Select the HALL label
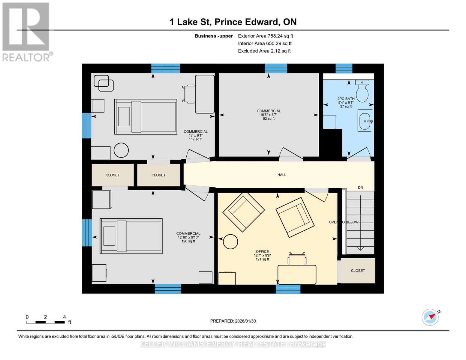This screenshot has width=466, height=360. pyautogui.click(x=281, y=175)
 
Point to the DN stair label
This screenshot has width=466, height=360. pyautogui.click(x=360, y=187)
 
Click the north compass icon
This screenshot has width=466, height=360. pyautogui.click(x=430, y=317)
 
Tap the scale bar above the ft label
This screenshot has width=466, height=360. pyautogui.click(x=45, y=322)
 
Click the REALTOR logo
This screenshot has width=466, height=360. pyautogui.click(x=26, y=31)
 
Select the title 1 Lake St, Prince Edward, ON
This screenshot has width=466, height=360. pyautogui.click(x=233, y=22)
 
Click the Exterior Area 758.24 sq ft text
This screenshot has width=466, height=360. pyautogui.click(x=265, y=36)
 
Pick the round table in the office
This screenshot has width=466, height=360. pyautogui.click(x=230, y=241)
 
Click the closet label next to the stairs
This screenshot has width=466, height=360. pyautogui.click(x=358, y=271)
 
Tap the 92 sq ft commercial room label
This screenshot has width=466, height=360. pyautogui.click(x=269, y=115)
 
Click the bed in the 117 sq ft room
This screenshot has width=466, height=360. pyautogui.click(x=146, y=116)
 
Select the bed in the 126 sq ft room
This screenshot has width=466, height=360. pyautogui.click(x=131, y=236)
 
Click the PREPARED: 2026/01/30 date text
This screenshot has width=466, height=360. pyautogui.click(x=233, y=321)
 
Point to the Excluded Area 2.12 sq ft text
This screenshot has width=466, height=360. pyautogui.click(x=264, y=51)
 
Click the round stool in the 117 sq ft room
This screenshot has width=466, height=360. pyautogui.click(x=121, y=150)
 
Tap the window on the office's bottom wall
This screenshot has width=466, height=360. pyautogui.click(x=288, y=289)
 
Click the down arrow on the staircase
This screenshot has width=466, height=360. pyautogui.click(x=360, y=247)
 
